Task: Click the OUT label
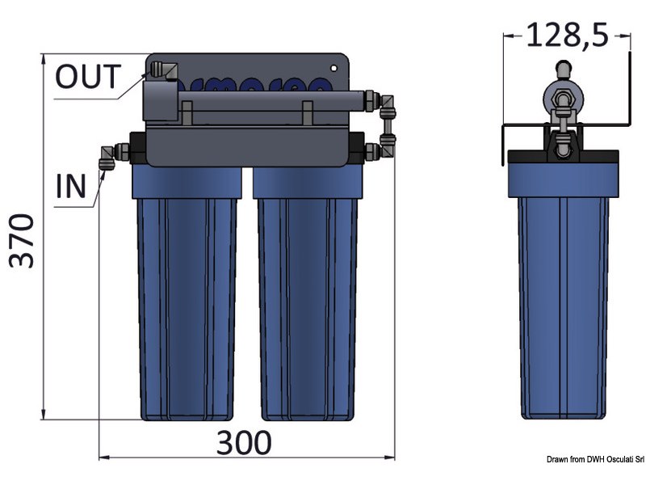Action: pyautogui.click(x=87, y=77)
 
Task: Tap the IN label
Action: pyautogui.click(x=71, y=186)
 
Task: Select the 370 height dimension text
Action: pyautogui.click(x=21, y=241)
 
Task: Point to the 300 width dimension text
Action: pyautogui.click(x=244, y=443)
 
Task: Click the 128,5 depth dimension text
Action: pyautogui.click(x=566, y=36)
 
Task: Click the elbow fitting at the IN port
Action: pyautogui.click(x=107, y=155)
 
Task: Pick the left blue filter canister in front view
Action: pyautogui.click(x=185, y=299)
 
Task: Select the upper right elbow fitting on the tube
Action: pyautogui.click(x=388, y=104)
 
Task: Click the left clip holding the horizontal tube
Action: pyautogui.click(x=187, y=113)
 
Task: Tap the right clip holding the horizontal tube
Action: pyautogui.click(x=307, y=113)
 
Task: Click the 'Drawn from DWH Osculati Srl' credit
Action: pyautogui.click(x=593, y=459)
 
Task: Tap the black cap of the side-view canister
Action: pyautogui.click(x=562, y=159)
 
